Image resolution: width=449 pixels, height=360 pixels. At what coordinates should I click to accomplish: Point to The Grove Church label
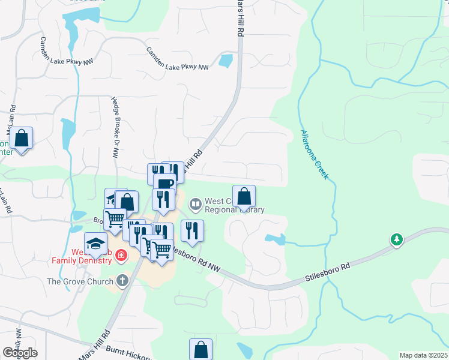[80, 281]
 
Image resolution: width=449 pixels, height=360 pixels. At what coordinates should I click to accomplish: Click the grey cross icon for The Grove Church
[122, 280]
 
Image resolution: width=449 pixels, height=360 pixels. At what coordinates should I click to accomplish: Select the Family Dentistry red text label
[80, 260]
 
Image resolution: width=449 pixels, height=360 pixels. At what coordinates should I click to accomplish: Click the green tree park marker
[396, 240]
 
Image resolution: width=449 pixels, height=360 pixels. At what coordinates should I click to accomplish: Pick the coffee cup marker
[164, 183]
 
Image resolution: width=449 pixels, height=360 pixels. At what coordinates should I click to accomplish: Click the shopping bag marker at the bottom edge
[201, 349]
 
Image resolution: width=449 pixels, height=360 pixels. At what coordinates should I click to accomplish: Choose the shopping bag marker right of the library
[244, 196]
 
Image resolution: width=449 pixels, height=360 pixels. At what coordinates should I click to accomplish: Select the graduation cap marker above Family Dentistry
[95, 243]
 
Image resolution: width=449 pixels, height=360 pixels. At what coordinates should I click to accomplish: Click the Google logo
[20, 353]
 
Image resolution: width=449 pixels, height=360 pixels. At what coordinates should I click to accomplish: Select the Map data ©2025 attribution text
[423, 355]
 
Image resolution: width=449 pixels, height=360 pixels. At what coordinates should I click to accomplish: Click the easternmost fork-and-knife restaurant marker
[192, 230]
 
